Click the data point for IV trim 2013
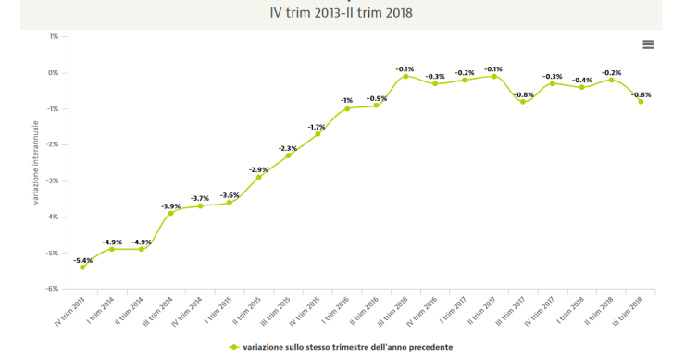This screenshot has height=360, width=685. (82, 267)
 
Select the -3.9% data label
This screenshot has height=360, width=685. (170, 205)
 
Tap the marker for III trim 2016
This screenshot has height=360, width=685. (405, 76)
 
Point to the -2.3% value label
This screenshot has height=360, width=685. (288, 148)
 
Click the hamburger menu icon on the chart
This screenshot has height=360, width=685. (648, 44)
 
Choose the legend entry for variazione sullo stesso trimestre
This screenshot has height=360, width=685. (342, 347)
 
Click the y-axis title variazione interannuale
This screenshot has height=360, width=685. (35, 162)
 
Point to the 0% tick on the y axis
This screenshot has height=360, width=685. (54, 73)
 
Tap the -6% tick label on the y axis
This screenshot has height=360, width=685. (53, 289)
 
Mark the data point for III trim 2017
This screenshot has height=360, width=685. (523, 102)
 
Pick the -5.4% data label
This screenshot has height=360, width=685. (82, 260)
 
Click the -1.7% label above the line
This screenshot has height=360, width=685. (318, 127)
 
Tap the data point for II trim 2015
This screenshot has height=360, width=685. (258, 177)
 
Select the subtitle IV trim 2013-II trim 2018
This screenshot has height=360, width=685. (342, 13)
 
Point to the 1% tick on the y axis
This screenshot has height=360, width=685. (54, 37)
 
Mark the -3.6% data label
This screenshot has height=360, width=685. (230, 195)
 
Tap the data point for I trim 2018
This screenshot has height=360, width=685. (581, 87)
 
